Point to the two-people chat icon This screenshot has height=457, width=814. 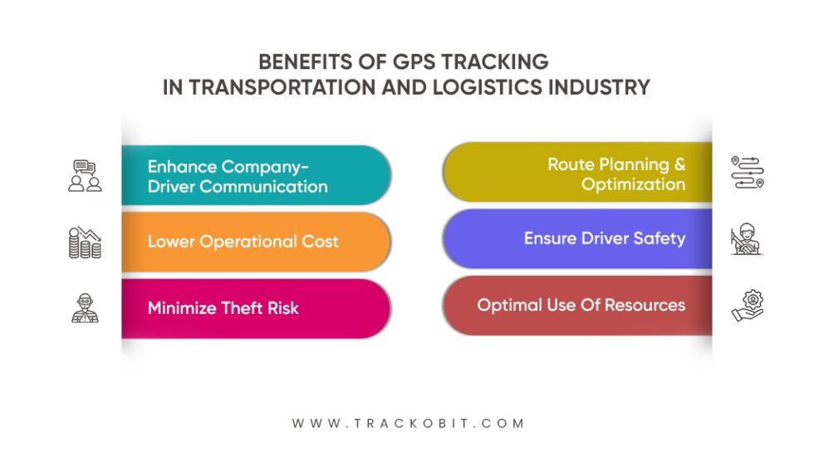[x=85, y=175]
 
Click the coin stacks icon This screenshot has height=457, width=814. [x=85, y=242]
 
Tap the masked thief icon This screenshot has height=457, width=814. [x=85, y=308]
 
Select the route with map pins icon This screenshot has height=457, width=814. [x=747, y=172]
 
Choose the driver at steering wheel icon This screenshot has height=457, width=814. [x=747, y=238]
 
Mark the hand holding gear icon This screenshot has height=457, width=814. [x=747, y=305]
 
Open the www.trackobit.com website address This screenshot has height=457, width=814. [x=408, y=423]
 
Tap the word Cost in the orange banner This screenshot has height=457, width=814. [x=319, y=242]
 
